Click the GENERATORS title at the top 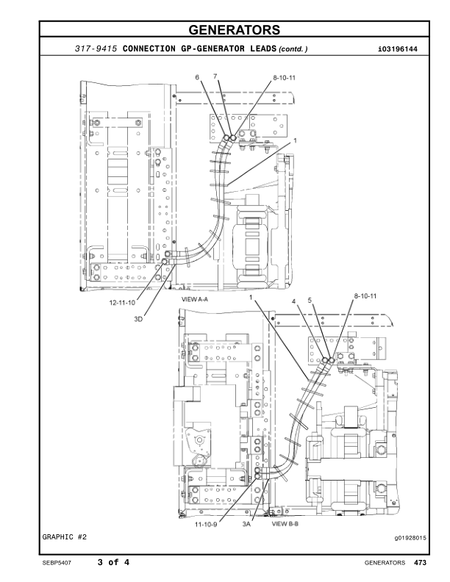click(224, 30)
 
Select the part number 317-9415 click(96, 49)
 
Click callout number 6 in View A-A click(197, 77)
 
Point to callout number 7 click(215, 77)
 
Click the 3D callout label click(138, 318)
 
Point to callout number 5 click(310, 301)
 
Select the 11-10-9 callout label click(208, 525)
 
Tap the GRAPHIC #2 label click(64, 538)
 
